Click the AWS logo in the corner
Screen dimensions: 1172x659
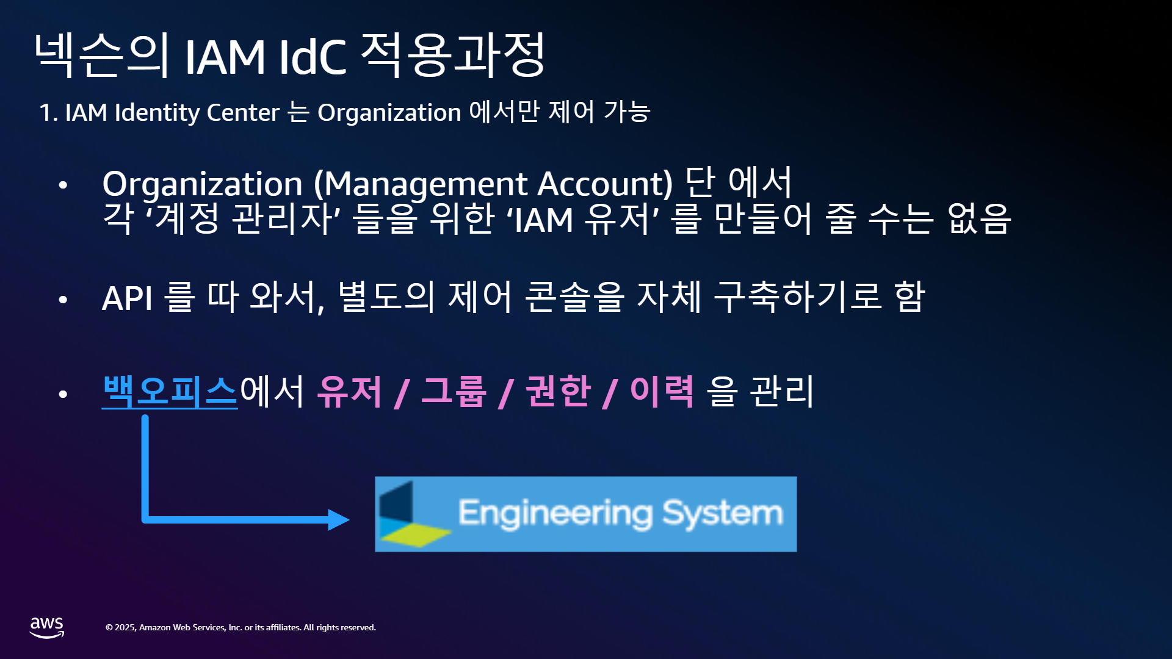[47, 627]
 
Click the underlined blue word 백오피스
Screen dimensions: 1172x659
[170, 392]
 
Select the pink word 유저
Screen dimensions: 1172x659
[350, 392]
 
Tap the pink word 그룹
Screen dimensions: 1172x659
[454, 392]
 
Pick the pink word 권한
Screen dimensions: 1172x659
[558, 392]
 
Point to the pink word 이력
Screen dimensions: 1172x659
[662, 392]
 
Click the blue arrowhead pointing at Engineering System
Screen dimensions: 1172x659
[339, 520]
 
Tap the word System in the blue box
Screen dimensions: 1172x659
[723, 514]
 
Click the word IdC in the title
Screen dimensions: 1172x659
[313, 57]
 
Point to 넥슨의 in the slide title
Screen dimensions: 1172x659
[102, 55]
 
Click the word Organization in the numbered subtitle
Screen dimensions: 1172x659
[389, 113]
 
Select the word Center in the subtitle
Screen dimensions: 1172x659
[243, 113]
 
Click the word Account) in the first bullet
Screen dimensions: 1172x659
[605, 184]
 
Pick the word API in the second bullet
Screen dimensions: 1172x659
[127, 298]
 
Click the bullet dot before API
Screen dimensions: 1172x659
[63, 299]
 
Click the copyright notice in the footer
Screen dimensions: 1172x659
[241, 627]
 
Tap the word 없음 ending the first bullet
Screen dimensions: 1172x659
[979, 218]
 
